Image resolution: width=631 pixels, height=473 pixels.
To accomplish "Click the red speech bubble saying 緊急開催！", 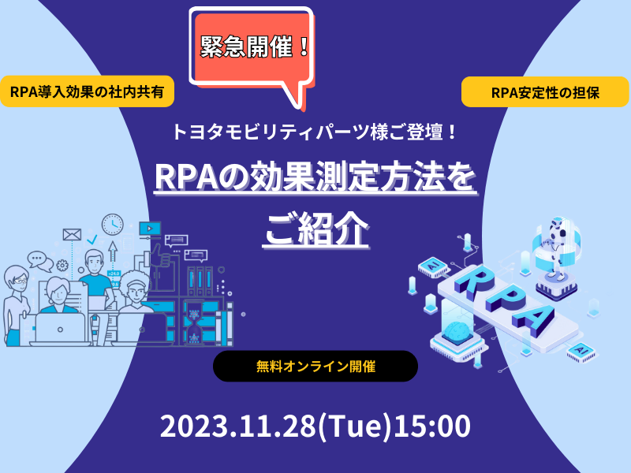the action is [x=252, y=50].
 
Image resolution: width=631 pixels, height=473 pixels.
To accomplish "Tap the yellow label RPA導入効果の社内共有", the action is [x=87, y=91].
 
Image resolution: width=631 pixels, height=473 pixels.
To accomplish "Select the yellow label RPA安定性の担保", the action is [x=545, y=92].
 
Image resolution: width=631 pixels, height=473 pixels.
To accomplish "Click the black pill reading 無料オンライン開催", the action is [x=315, y=366].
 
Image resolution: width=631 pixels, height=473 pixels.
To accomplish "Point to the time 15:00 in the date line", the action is [x=432, y=426].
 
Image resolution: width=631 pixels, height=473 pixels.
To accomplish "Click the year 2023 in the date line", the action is [x=193, y=426].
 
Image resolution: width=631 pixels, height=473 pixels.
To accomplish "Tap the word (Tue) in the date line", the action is [x=354, y=426].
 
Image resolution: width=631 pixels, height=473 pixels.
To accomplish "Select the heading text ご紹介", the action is [x=316, y=229].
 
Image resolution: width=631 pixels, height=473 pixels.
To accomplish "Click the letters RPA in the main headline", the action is [x=186, y=177].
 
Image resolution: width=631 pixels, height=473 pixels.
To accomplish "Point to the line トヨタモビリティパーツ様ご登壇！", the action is [x=315, y=132].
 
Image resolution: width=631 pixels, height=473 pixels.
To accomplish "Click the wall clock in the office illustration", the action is [x=113, y=225].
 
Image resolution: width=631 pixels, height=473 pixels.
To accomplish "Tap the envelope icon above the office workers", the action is [x=72, y=234].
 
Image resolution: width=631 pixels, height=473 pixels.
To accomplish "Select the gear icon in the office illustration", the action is [x=62, y=266].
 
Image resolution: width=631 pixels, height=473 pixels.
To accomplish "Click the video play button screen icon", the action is [x=150, y=229].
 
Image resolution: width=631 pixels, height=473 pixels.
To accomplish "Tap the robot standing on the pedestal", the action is [x=557, y=247].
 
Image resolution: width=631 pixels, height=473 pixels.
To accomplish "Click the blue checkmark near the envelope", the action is [x=92, y=240].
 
